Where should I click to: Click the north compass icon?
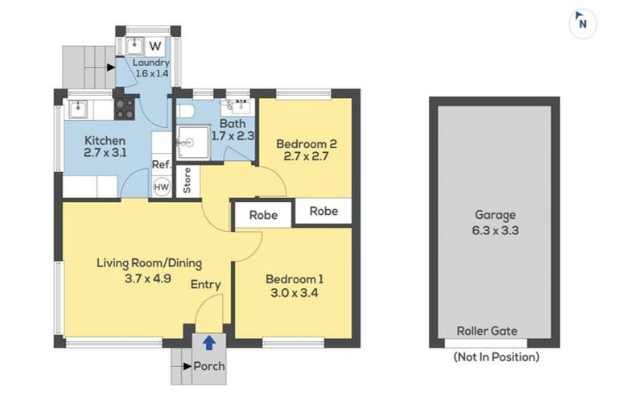(x=583, y=23)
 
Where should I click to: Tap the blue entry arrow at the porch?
(x=208, y=343)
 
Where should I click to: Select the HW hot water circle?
(x=162, y=187)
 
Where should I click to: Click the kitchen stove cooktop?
(x=125, y=109)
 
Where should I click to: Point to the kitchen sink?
(x=79, y=109)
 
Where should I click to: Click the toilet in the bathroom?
(x=183, y=112)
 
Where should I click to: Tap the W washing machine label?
(x=154, y=45)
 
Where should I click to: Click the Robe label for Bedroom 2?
(x=323, y=212)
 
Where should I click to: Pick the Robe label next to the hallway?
(x=262, y=216)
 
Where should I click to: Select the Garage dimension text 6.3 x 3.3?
(x=495, y=230)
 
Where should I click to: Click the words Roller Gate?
(x=487, y=331)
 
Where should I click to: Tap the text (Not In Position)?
(x=496, y=356)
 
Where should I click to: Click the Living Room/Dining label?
(x=149, y=262)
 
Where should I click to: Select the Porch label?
(x=209, y=367)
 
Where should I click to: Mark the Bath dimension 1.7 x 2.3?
(x=233, y=137)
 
